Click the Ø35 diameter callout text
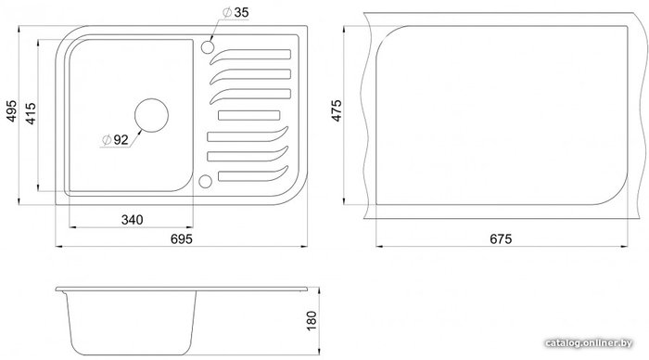(235, 12)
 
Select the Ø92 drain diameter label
(116, 140)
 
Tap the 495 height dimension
(11, 110)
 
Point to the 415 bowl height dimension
(31, 113)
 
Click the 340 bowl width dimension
(132, 220)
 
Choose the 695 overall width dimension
(182, 239)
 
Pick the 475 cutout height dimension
(337, 110)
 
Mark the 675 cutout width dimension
(501, 239)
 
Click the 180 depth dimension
(312, 320)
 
